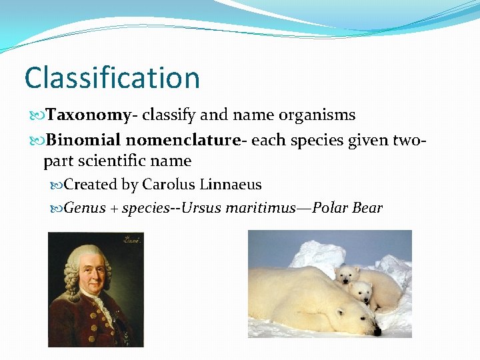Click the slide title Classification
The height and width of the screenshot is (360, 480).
point(112,78)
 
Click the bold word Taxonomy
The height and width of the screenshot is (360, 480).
point(88,115)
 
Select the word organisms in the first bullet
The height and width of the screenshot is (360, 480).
point(314,115)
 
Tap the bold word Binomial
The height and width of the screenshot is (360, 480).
point(84,140)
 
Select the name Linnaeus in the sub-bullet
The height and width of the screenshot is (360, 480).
point(231,185)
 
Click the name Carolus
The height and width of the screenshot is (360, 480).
point(169,185)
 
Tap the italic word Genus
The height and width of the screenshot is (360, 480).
point(85,208)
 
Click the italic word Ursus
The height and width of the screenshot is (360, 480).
point(202,208)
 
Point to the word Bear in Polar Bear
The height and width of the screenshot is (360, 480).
point(367,208)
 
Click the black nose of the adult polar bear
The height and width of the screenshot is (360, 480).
point(377,331)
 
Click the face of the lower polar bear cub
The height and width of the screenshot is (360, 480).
point(363,291)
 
